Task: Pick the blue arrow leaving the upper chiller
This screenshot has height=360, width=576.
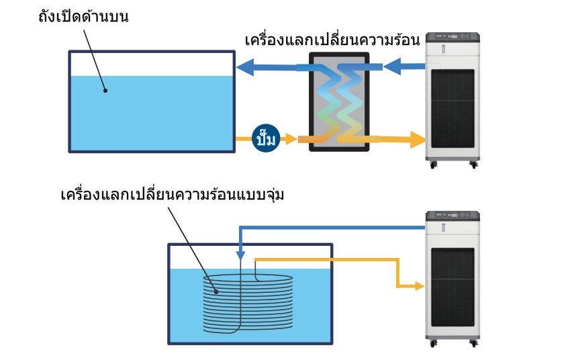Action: tap(405, 66)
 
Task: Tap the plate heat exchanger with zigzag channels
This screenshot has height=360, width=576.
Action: tap(339, 101)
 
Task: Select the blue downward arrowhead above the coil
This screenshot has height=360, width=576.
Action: tap(240, 256)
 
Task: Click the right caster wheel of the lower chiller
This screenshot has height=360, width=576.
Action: tap(474, 343)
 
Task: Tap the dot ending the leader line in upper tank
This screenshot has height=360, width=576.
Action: tap(104, 89)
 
